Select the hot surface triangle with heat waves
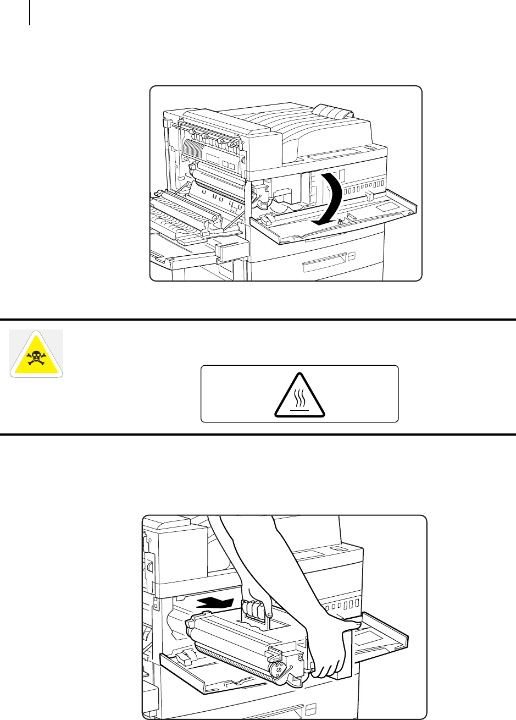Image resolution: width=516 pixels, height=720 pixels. pyautogui.click(x=300, y=395)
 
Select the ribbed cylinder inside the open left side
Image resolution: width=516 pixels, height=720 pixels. pyautogui.click(x=196, y=148)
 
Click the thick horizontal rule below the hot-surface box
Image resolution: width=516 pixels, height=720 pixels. pyautogui.click(x=258, y=434)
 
